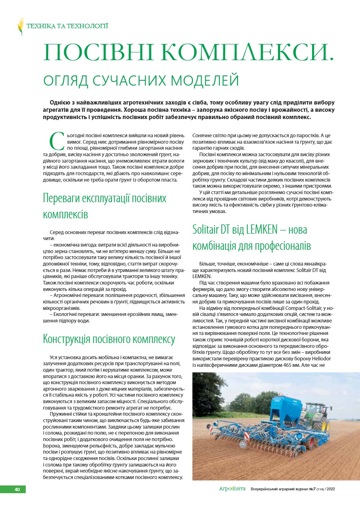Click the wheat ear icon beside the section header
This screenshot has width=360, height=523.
pos(20,26)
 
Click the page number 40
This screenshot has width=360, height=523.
pos(17,489)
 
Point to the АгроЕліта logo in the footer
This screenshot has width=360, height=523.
pos(232,489)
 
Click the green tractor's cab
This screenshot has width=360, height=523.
pos(314,408)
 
